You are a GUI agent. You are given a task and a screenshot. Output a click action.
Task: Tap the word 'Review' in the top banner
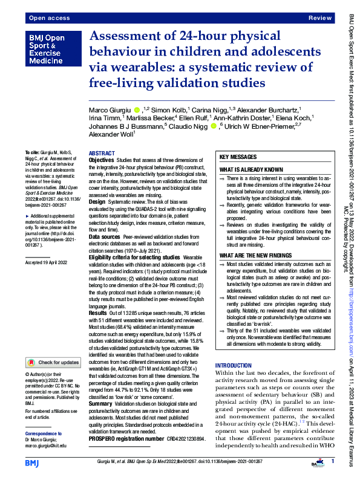click(320, 19)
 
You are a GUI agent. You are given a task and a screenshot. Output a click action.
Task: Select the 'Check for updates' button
click(53, 363)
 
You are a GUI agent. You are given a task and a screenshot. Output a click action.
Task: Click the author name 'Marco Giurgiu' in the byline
click(111, 109)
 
